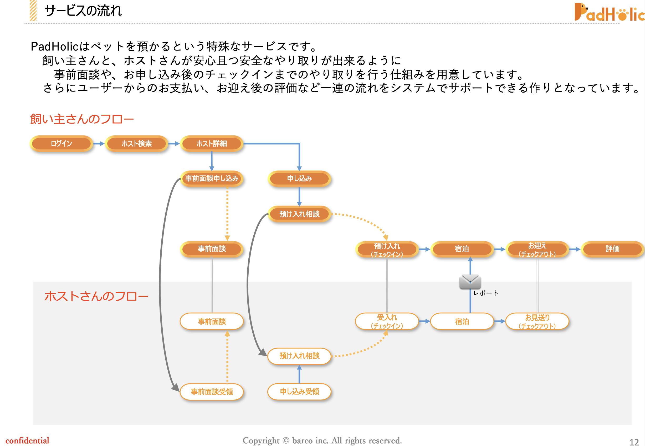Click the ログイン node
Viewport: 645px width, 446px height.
pos(61,144)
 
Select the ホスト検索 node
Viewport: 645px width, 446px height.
pos(136,144)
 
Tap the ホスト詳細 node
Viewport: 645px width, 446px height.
pos(212,144)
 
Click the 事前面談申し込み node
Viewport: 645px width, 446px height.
pos(212,179)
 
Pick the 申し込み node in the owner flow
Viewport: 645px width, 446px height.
pos(299,179)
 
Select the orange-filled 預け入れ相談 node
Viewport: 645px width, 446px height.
pos(299,214)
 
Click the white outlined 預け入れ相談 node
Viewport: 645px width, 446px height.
pos(299,356)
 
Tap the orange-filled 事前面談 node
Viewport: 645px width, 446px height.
pos(212,249)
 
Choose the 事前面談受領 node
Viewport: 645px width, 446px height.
pos(212,392)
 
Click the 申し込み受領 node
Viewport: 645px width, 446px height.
pos(299,392)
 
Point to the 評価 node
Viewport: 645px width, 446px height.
pos(612,249)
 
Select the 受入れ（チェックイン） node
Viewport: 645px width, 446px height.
pos(387,321)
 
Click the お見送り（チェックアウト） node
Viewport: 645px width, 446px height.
pos(537,321)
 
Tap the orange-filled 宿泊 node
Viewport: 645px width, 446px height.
pos(462,249)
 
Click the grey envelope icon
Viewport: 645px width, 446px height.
pos(470,282)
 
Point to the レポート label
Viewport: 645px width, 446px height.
pos(486,293)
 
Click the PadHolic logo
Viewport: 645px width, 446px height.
pos(609,13)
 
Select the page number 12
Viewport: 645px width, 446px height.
pos(634,442)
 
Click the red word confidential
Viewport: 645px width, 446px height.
pos(27,441)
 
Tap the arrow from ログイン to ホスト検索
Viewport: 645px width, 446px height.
pos(99,144)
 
